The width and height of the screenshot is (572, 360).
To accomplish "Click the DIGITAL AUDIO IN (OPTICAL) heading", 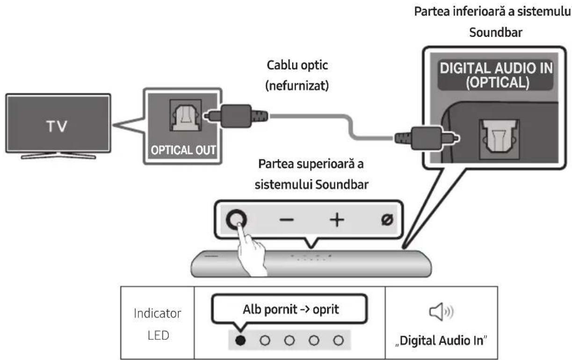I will [x=496, y=76].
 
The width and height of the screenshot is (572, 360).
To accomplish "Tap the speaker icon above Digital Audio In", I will [x=441, y=311].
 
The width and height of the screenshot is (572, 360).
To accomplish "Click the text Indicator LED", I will [x=157, y=323].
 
